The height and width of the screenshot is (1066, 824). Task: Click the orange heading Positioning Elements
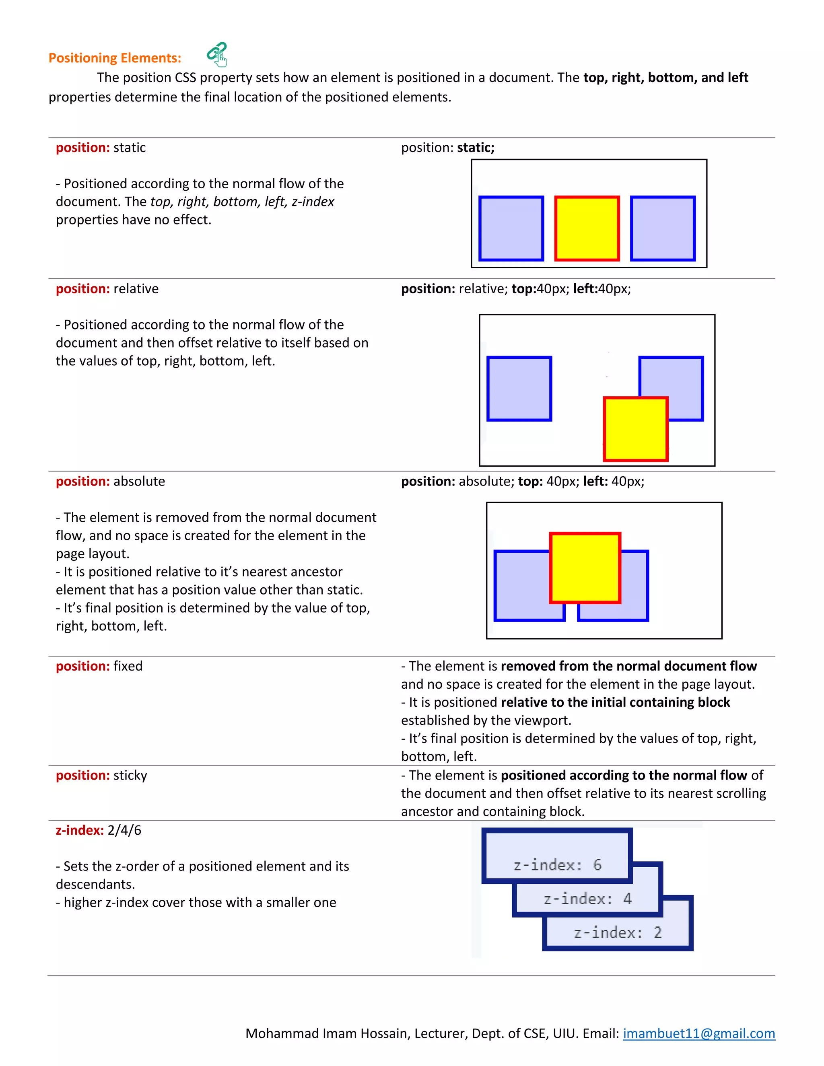point(115,58)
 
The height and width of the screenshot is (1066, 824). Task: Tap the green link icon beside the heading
point(217,54)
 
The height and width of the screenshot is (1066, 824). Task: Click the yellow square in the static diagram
point(587,228)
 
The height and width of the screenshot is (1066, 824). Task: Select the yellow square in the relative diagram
point(636,429)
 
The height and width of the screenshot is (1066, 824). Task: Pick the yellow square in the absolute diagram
point(585,568)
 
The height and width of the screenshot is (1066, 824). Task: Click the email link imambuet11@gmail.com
point(698,1033)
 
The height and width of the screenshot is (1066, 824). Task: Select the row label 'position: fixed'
point(99,666)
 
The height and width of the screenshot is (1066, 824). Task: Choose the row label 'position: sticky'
point(101,776)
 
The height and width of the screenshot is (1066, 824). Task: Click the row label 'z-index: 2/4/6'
point(98,830)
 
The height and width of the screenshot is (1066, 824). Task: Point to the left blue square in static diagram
point(511,228)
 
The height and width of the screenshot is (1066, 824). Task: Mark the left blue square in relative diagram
point(519,389)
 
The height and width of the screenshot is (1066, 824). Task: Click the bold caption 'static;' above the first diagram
point(476,148)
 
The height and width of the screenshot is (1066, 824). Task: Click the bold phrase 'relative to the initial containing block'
point(615,702)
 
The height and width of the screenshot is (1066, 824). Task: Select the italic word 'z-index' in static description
point(313,202)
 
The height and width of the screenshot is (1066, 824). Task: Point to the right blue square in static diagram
point(662,228)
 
